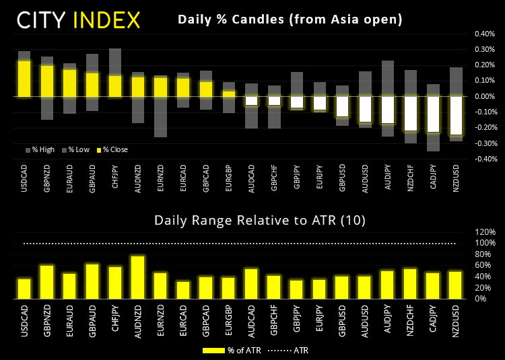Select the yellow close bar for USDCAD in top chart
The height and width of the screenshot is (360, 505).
(24, 79)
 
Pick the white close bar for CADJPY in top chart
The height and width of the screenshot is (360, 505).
(434, 114)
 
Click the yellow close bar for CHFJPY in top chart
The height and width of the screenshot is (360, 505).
(115, 86)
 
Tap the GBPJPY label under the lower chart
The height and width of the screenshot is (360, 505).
(297, 317)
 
